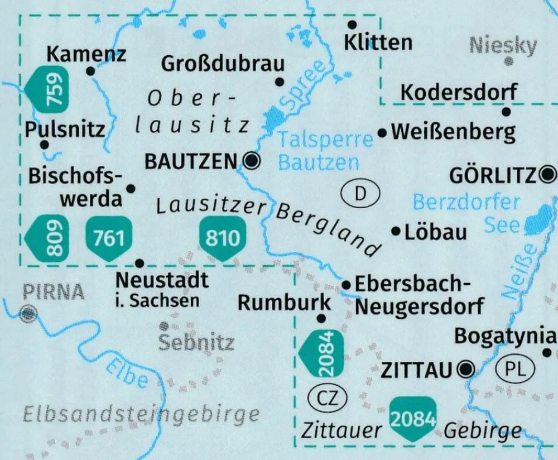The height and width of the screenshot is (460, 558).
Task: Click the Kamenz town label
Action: pyautogui.click(x=86, y=54)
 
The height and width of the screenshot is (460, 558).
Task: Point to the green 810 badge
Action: pyautogui.click(x=222, y=239)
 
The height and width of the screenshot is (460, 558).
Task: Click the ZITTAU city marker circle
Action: pyautogui.click(x=465, y=368)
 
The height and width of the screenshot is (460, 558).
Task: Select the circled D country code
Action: pyautogui.click(x=360, y=194)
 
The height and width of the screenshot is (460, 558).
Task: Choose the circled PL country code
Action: pyautogui.click(x=515, y=368)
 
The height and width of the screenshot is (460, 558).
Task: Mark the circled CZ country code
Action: pyautogui.click(x=328, y=399)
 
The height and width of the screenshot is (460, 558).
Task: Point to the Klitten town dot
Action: pyautogui.click(x=352, y=25)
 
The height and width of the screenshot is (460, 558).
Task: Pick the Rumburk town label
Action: pyautogui.click(x=284, y=303)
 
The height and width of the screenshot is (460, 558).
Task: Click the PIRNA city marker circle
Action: pyautogui.click(x=27, y=314)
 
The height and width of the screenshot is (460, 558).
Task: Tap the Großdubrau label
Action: pyautogui.click(x=223, y=64)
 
